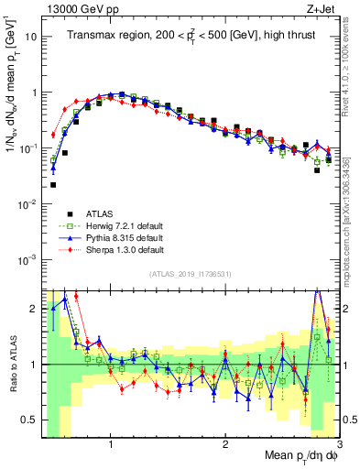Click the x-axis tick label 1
pos(111,442)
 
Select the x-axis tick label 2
pos(225,442)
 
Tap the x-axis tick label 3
pos(339,442)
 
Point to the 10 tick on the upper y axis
pos(29,38)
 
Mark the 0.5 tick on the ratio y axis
pos(27,420)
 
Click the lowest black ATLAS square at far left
pos(53,185)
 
